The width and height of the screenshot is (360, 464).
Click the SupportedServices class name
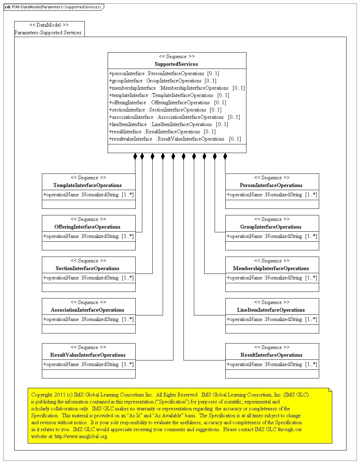(176, 64)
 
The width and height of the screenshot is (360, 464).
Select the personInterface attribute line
(164, 73)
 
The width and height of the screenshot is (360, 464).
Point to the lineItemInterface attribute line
(168, 124)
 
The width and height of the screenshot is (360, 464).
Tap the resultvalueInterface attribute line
(175, 139)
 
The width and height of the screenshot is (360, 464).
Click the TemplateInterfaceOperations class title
(88, 185)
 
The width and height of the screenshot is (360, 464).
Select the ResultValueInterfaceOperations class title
(88, 355)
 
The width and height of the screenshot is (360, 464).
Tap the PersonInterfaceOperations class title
(271, 185)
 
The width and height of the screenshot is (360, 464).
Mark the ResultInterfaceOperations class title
(271, 355)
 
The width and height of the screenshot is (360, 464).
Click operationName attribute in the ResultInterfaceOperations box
(272, 364)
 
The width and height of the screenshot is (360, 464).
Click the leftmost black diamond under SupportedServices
(135, 156)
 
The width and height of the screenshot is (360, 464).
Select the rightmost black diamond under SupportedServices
(225, 156)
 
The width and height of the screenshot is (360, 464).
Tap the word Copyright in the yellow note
(41, 395)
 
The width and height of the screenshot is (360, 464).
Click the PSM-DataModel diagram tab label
(54, 7)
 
